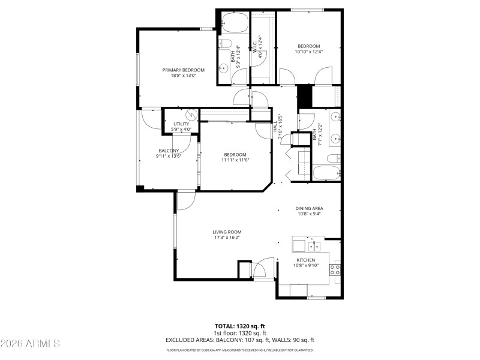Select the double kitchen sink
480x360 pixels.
pos(314,246)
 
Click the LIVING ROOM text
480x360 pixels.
pos(227,232)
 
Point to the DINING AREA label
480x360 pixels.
pos(309,208)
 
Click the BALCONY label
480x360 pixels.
pos(169,151)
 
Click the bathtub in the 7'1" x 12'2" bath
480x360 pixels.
pos(327,173)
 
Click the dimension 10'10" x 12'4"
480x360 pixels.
pos(308,52)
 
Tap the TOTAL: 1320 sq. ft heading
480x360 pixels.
pos(240,327)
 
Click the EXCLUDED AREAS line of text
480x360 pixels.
pos(240,340)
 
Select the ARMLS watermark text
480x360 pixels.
pos(30,344)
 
